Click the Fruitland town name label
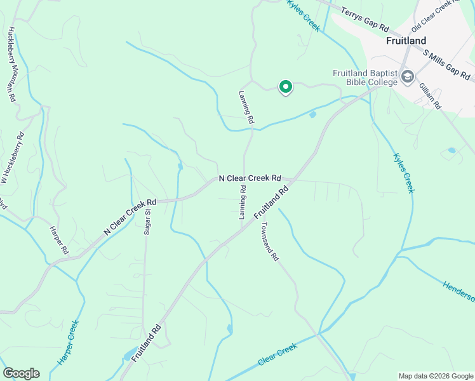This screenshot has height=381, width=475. click(406, 41)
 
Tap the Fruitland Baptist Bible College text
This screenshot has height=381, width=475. click(365, 77)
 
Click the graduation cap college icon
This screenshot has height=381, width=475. click(407, 77)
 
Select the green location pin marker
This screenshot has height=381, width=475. click(286, 87)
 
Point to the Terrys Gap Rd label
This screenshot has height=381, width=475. click(365, 20)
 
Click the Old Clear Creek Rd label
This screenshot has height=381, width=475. click(435, 17)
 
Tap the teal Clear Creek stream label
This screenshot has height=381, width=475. click(278, 354)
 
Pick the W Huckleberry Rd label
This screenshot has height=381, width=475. click(13, 157)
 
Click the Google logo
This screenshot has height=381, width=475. click(21, 373)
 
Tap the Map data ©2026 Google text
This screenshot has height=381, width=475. click(435, 376)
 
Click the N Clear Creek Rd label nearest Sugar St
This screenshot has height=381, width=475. click(130, 217)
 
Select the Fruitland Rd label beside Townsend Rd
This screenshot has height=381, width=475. click(272, 203)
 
